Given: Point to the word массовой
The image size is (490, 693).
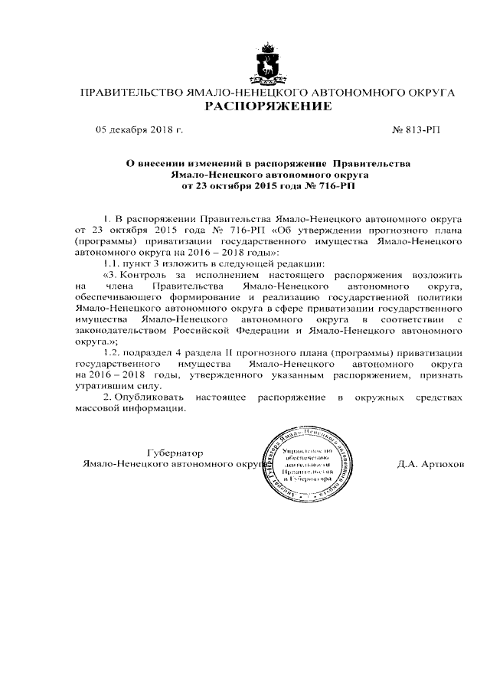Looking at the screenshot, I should (x=100, y=410).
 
